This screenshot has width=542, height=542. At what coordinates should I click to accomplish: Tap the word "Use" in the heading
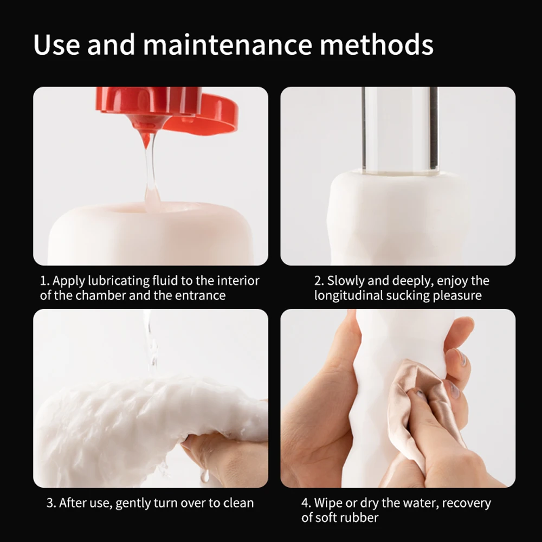coord(56,44)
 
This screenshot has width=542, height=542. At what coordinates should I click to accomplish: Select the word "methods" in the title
coord(377,44)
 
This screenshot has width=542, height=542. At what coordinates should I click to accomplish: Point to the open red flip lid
coord(208,114)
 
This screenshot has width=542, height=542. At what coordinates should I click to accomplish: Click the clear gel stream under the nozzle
coord(151,169)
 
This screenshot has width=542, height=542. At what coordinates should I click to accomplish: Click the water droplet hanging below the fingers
coord(205,476)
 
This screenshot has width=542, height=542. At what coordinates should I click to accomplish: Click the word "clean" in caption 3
coord(238,503)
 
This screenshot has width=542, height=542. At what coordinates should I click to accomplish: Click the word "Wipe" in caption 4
coord(328,503)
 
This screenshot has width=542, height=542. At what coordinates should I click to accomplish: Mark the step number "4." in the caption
coord(306,503)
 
